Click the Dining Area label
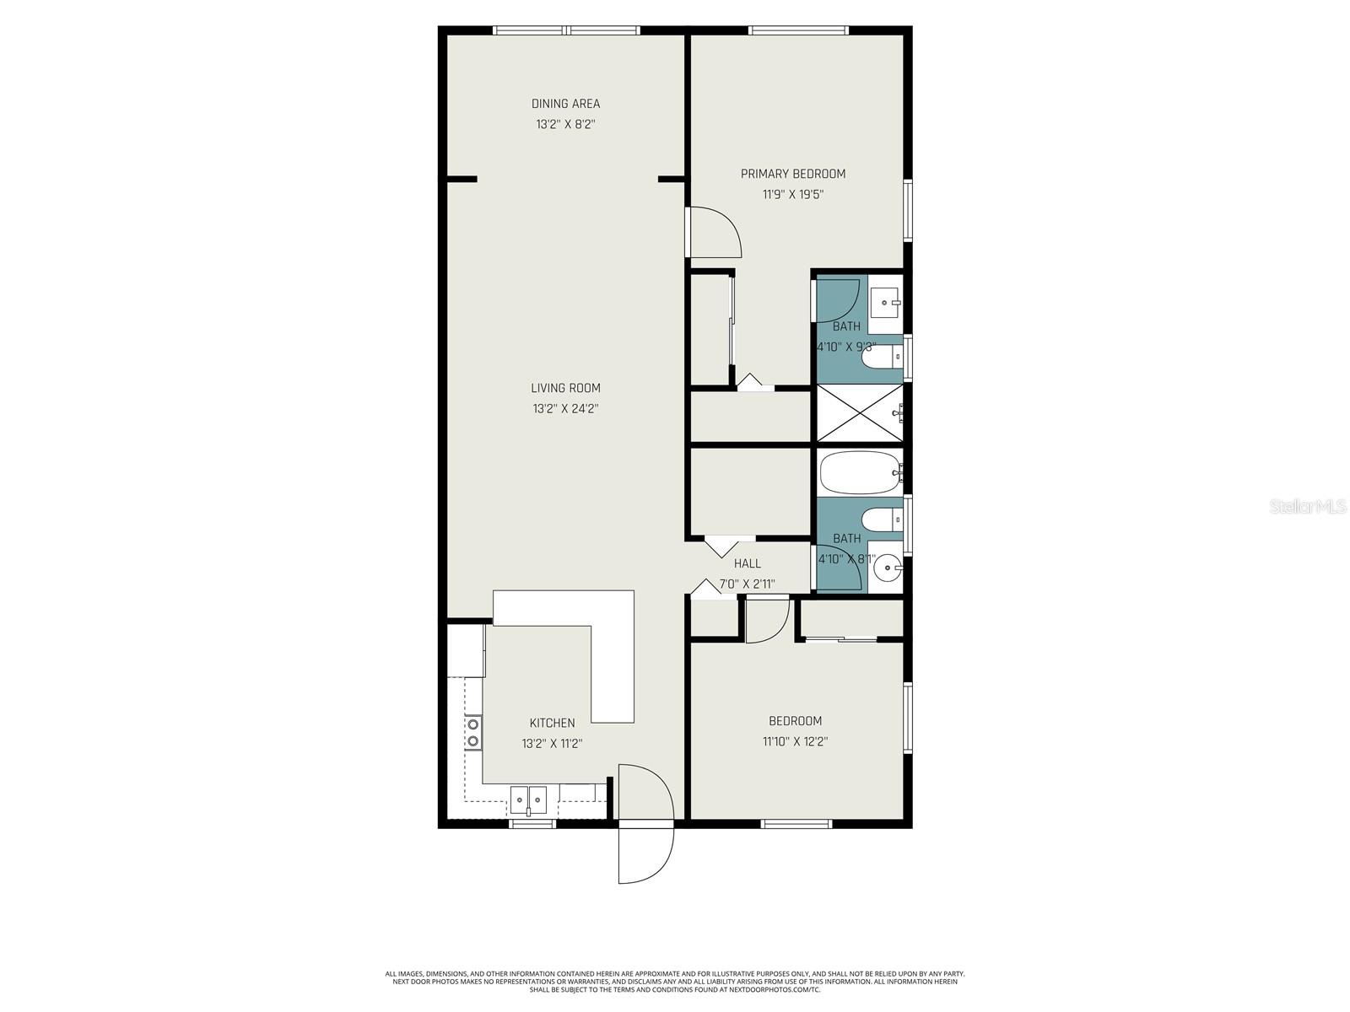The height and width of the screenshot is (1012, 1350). [565, 104]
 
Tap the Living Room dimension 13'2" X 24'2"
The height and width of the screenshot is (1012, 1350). [565, 409]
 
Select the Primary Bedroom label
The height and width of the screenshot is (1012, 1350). [792, 174]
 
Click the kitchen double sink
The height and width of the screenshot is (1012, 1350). [528, 797]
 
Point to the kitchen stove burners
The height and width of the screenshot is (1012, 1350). [473, 733]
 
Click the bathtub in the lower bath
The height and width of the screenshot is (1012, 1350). [857, 473]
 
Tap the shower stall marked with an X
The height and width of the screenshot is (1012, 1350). [857, 413]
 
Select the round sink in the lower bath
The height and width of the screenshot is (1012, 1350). [886, 567]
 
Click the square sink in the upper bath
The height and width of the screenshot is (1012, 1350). [886, 300]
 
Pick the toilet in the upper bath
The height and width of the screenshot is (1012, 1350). [879, 359]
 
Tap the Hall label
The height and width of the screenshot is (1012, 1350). [747, 563]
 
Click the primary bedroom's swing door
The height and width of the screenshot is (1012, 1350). [714, 231]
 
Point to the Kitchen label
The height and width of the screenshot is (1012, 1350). [552, 723]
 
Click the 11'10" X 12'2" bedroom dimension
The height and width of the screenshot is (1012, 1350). [795, 742]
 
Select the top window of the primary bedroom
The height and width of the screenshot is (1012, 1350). [797, 31]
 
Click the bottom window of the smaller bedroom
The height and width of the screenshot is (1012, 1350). [796, 823]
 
